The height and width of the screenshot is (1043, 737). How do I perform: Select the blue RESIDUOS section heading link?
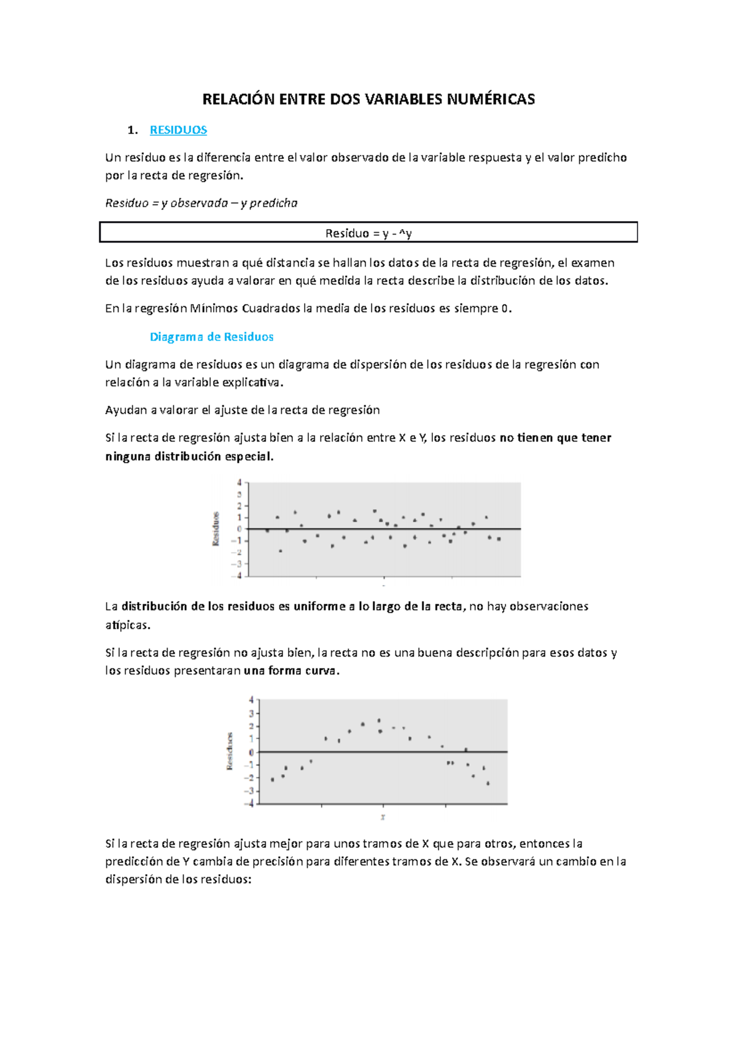click(178, 130)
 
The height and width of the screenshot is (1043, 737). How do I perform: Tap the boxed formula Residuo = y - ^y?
click(368, 233)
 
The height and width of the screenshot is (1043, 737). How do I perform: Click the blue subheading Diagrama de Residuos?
click(211, 337)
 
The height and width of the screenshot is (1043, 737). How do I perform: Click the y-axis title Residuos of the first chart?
click(216, 529)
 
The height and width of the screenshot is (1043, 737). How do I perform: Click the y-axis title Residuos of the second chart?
click(230, 751)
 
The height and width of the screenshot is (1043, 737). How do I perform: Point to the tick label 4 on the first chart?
click(240, 483)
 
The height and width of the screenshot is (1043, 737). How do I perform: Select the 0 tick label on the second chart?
click(251, 752)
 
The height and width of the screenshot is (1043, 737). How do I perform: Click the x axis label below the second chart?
click(383, 817)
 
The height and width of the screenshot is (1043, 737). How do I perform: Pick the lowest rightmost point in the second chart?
click(488, 784)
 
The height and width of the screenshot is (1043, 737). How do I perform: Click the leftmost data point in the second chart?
click(273, 779)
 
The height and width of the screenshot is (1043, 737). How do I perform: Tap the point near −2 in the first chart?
click(281, 551)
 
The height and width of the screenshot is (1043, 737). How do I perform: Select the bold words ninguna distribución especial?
click(189, 456)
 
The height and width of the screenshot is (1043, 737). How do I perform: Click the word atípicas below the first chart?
click(127, 625)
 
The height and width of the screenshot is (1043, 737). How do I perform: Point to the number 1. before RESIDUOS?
click(132, 130)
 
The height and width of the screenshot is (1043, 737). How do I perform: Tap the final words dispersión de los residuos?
click(178, 879)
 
